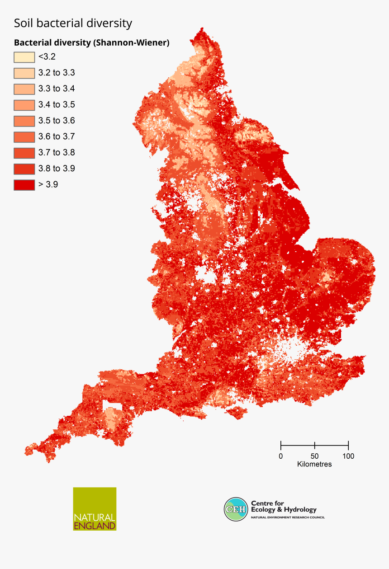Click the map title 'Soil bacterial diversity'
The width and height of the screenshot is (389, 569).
click(73, 23)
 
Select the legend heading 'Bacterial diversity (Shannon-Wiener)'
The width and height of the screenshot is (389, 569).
click(91, 43)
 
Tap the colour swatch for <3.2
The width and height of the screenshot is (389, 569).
click(24, 57)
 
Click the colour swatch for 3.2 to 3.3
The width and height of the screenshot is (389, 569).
click(24, 73)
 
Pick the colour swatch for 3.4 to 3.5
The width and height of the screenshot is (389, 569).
click(24, 105)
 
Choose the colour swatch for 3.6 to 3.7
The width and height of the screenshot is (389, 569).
click(24, 137)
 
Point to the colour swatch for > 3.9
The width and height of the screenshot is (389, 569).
click(24, 185)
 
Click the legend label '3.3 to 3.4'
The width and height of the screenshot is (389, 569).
click(57, 89)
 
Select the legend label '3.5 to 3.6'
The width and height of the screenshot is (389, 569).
click(57, 121)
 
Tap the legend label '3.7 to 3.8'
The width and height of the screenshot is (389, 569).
click(57, 153)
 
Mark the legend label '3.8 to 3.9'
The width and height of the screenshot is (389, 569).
click(57, 169)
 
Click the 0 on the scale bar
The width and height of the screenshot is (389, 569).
click(281, 456)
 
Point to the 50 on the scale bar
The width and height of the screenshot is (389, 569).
click(314, 456)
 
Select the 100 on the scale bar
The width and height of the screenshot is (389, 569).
click(348, 456)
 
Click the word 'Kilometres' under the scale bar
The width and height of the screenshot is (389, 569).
click(314, 464)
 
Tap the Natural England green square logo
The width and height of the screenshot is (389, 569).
click(95, 508)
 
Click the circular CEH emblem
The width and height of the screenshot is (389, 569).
click(236, 509)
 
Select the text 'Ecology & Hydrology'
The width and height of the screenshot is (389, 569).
click(284, 509)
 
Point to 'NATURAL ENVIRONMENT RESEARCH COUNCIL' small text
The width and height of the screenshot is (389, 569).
click(288, 517)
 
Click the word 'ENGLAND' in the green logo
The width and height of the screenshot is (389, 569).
click(95, 526)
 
